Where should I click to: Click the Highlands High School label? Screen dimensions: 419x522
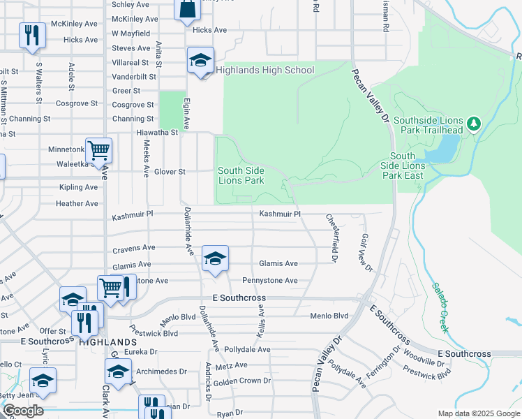(x=264, y=70)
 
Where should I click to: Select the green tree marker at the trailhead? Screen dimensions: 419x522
(x=474, y=124)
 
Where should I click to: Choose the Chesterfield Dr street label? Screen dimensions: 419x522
(x=332, y=238)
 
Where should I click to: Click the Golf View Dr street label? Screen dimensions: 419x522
(x=367, y=252)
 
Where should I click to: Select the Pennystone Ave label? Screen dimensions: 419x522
(x=270, y=281)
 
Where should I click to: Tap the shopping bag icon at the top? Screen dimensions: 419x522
(x=187, y=10)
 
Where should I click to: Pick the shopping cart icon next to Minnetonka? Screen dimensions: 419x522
(x=98, y=149)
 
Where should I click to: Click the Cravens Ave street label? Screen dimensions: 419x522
(x=133, y=248)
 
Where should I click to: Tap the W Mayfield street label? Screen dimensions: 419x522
(x=130, y=34)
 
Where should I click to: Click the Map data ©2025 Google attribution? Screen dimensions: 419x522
(x=477, y=413)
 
